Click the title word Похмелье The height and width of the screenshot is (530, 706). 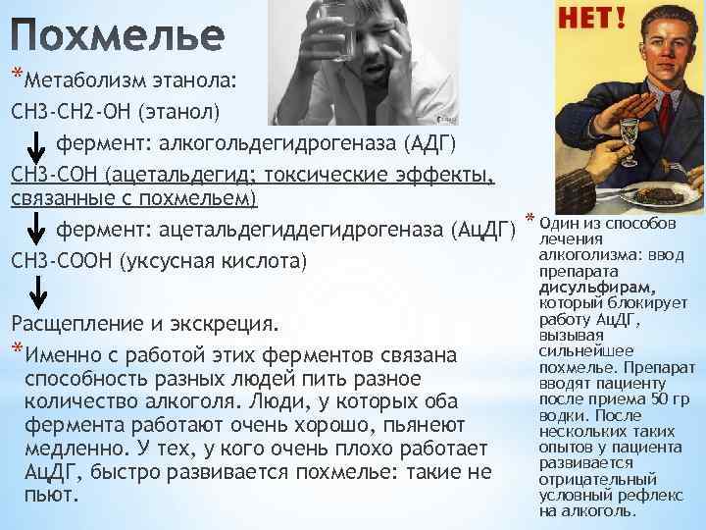pyautogui.click(x=118, y=36)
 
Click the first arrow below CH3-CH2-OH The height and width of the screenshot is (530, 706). pyautogui.click(x=33, y=145)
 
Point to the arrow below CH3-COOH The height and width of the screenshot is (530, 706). pyautogui.click(x=33, y=291)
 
